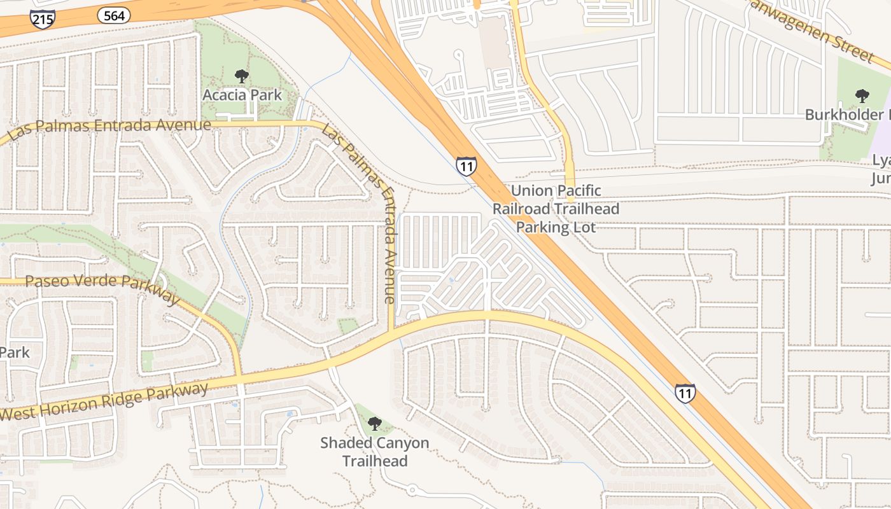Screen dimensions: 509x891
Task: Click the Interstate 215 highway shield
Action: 42,18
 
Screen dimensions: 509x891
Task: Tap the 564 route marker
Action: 114,15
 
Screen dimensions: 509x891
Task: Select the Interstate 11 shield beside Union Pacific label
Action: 466,167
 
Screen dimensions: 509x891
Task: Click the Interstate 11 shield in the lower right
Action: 685,393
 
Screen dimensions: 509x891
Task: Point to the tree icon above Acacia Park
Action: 241,76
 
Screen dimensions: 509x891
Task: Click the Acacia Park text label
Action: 242,95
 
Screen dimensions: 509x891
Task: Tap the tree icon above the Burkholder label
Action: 862,96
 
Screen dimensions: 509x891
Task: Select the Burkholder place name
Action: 846,115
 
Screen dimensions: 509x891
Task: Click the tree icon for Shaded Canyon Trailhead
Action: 375,423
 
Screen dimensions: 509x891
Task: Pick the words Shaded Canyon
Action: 374,443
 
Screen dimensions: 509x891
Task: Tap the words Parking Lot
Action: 556,227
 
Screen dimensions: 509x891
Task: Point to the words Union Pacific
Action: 556,190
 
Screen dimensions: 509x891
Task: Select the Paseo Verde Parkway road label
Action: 102,288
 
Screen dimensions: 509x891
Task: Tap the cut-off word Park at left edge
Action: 14,352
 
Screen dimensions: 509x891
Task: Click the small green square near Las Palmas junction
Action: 347,326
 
